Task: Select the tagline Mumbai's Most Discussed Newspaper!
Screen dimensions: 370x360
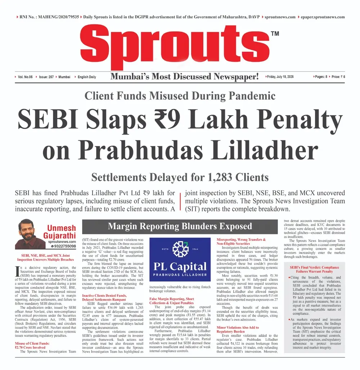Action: click(x=184, y=77)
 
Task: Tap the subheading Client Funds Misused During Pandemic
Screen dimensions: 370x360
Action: click(x=180, y=96)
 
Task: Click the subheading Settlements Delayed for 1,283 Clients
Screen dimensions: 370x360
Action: click(x=180, y=177)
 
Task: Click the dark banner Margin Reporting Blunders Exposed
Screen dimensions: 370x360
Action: click(x=180, y=226)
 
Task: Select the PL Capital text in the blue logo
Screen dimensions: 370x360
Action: click(x=180, y=267)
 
